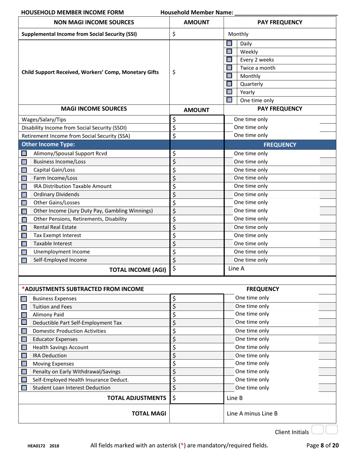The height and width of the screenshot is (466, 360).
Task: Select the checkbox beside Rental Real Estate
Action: tap(24, 228)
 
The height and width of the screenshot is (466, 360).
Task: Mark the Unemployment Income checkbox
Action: tap(24, 252)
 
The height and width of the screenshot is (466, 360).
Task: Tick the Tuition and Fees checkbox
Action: tap(24, 307)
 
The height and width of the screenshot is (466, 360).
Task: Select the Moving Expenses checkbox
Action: tap(24, 364)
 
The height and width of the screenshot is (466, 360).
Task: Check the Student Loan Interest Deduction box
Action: tap(24, 388)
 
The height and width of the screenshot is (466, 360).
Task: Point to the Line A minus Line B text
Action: tap(252, 414)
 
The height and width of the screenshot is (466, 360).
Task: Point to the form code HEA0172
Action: tap(36, 446)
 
